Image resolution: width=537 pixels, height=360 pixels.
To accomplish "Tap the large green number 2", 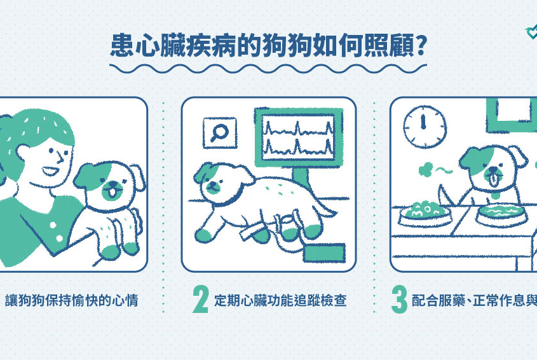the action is click(x=200, y=300).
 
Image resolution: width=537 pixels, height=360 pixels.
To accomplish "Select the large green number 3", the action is click(x=399, y=300).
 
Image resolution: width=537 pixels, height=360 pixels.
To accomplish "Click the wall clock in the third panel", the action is click(x=425, y=127).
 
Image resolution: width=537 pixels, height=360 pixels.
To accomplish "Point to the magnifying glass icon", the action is click(x=219, y=133).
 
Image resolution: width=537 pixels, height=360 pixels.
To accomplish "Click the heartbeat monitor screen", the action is click(x=298, y=137).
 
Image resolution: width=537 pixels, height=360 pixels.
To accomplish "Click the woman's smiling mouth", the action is click(x=50, y=170).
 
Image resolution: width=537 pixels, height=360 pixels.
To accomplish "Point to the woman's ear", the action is click(x=24, y=153).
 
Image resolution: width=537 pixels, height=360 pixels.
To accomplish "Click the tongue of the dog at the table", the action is click(x=493, y=181).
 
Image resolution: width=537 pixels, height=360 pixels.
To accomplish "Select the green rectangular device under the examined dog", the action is click(x=324, y=253).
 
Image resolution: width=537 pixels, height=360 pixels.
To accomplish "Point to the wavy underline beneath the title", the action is click(x=268, y=69).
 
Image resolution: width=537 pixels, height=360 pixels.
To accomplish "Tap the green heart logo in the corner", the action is click(x=532, y=32).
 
